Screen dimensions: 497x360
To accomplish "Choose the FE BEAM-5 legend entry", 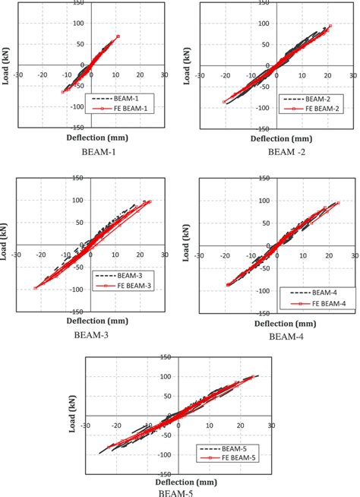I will [223, 458].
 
